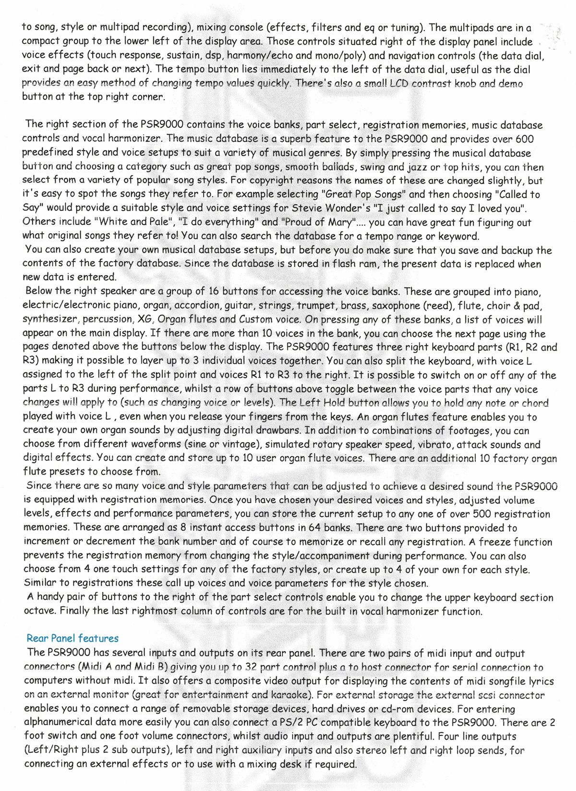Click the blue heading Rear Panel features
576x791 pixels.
72,638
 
